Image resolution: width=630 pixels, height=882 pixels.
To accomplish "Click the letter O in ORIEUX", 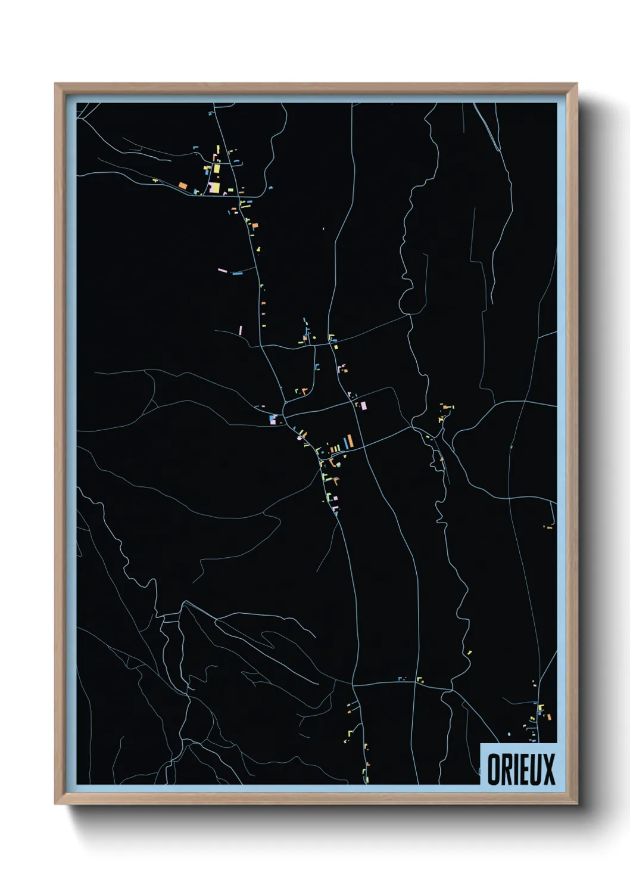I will pos(494,769).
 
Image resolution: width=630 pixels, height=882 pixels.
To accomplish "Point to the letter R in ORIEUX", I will pos(506,769).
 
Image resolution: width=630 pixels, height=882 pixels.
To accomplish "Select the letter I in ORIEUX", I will pos(515,769).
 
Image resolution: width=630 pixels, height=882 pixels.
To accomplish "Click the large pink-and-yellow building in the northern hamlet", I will pos(214,188).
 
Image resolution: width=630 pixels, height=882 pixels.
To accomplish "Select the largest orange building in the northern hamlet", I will pos(183,185).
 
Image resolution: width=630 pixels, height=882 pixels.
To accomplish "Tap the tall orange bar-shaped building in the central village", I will pos(350,441).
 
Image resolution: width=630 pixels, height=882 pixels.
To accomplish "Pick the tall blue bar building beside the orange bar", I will pos(344,443).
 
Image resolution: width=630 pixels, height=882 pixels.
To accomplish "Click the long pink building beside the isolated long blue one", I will pos(222,271).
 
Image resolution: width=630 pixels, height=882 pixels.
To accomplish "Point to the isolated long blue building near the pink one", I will pos(237,274).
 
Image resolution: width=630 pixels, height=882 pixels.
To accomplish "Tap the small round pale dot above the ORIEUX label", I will pos(509,734).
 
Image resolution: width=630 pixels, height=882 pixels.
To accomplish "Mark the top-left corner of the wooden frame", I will pos(55,84).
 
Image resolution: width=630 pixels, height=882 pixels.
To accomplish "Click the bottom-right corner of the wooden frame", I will pos(577,804).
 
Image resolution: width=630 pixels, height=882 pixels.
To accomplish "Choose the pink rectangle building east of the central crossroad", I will pos(363,406).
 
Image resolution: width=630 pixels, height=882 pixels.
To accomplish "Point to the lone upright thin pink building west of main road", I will pos(241,330).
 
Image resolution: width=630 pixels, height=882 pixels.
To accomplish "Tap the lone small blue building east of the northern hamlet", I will pos(271,188).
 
